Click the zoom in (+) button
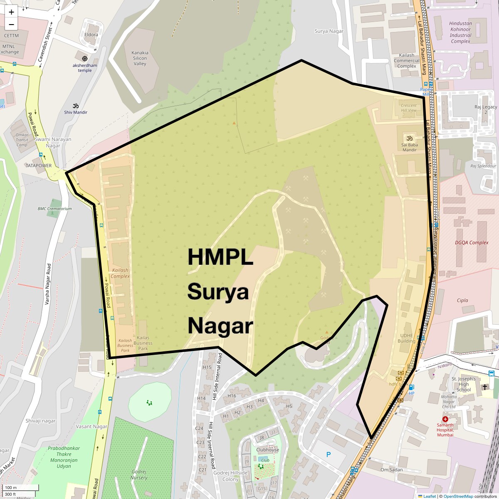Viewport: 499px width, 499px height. coord(11,12)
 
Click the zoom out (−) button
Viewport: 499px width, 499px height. coord(11,24)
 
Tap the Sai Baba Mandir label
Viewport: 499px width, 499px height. coord(410,147)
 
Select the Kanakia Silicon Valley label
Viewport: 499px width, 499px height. coord(140,58)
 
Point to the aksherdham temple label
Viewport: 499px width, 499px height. coord(85,68)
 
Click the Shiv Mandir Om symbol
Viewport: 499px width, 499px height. coord(76,106)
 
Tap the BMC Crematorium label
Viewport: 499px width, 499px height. coord(54,209)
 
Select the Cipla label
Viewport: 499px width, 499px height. coord(462,300)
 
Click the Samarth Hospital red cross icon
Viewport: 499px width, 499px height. coord(445,419)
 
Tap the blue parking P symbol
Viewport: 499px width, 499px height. coord(329,455)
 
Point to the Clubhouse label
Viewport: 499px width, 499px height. coord(268,450)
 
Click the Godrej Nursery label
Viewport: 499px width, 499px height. coord(139,474)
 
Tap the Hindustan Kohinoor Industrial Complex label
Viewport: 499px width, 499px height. coord(460,32)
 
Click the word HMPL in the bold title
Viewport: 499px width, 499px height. coord(220,257)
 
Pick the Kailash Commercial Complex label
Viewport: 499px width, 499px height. coord(407,61)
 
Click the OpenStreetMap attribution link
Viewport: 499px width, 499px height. coord(458,496)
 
